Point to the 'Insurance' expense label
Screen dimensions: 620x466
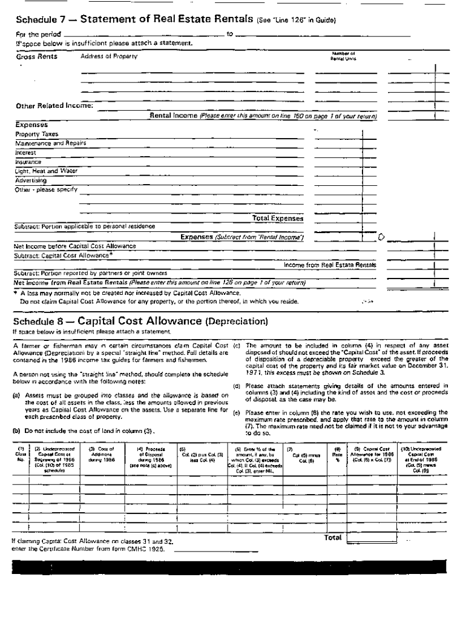click(x=28, y=162)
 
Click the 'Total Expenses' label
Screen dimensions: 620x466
click(x=277, y=218)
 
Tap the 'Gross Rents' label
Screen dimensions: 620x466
click(x=36, y=56)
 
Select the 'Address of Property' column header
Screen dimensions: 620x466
click(x=109, y=56)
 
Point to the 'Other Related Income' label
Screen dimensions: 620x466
click(x=53, y=105)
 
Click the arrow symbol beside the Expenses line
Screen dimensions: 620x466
click(x=381, y=236)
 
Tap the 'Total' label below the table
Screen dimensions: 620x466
click(x=333, y=537)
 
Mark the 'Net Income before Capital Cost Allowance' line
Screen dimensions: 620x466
click(x=75, y=246)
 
